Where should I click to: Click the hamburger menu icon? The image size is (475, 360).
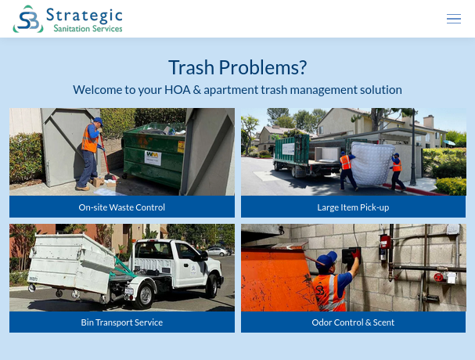(x=454, y=19)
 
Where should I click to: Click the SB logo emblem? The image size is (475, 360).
(x=28, y=19)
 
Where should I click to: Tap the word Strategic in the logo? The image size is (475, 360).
(x=85, y=16)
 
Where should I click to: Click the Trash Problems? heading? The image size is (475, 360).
(x=238, y=67)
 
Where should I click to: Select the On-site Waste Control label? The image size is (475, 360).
(x=122, y=207)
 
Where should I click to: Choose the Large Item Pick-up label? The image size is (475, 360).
(x=353, y=207)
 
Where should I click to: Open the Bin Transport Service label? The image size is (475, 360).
(x=122, y=322)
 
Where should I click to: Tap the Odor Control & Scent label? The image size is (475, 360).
(x=353, y=322)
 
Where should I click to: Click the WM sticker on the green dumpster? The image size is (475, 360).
(x=153, y=157)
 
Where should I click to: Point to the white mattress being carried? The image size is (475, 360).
(x=372, y=163)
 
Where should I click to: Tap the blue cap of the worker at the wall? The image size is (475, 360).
(x=327, y=259)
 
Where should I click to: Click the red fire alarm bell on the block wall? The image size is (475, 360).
(x=385, y=242)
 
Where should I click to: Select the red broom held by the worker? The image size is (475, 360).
(x=106, y=157)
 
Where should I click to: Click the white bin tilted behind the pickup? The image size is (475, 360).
(x=70, y=262)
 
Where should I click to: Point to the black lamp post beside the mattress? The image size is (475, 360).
(x=413, y=148)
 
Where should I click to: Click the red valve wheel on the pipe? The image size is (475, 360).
(x=438, y=277)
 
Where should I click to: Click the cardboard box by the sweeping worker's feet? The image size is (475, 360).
(x=98, y=182)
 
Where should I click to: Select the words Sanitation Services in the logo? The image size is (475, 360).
(x=88, y=28)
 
